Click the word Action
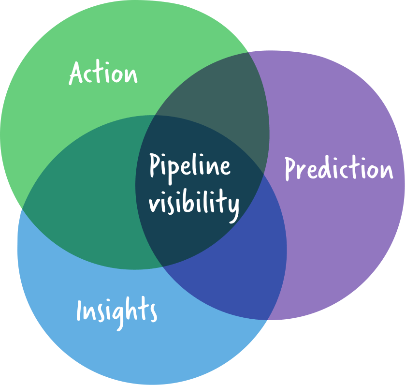click(x=103, y=74)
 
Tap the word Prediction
click(x=338, y=168)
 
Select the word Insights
click(x=116, y=310)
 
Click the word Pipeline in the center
click(x=189, y=166)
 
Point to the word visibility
click(x=193, y=203)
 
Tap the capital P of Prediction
click(x=290, y=168)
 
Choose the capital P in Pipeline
click(x=155, y=165)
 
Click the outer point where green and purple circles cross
click(x=248, y=52)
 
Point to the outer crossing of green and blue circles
click(x=21, y=208)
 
